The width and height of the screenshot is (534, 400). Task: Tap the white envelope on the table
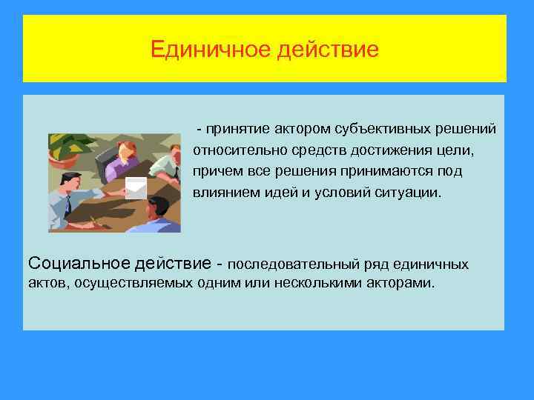click(136, 188)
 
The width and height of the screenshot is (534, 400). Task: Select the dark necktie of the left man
click(67, 207)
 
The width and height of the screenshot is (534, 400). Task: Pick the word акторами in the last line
click(400, 283)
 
